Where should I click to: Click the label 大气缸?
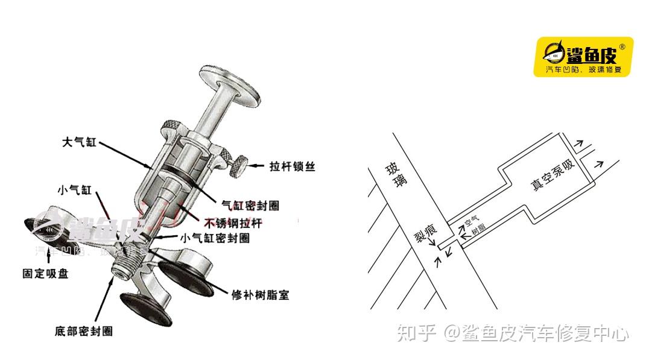tap(79, 143)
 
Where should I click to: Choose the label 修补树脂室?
tap(261, 295)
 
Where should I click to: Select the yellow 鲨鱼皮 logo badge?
tap(583, 57)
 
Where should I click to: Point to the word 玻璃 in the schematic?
tap(396, 178)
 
